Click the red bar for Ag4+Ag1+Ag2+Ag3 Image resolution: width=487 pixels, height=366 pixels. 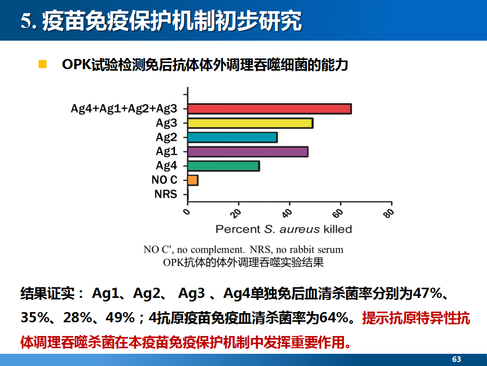pos(269,109)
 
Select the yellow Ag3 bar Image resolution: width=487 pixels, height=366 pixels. pos(250,123)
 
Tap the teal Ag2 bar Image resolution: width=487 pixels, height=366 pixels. pos(233,137)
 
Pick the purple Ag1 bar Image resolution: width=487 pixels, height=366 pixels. pos(248,152)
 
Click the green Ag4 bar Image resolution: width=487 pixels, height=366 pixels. pos(224,166)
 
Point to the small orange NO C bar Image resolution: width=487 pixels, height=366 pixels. pos(193,180)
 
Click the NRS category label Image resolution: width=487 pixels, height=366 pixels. pos(165,194)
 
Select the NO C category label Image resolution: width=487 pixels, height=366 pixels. pos(164,180)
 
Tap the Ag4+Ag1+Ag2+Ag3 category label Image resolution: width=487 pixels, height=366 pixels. pos(124,109)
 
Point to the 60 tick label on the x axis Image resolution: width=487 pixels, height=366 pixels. pos(338,213)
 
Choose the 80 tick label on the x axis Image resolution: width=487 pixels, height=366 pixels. pos(389,213)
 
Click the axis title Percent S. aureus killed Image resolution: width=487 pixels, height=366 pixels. pos(284,229)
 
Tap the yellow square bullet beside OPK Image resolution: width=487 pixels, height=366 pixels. pos(43,64)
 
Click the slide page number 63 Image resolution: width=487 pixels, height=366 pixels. pos(457,359)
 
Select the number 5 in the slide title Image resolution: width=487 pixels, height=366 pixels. pos(27,21)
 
